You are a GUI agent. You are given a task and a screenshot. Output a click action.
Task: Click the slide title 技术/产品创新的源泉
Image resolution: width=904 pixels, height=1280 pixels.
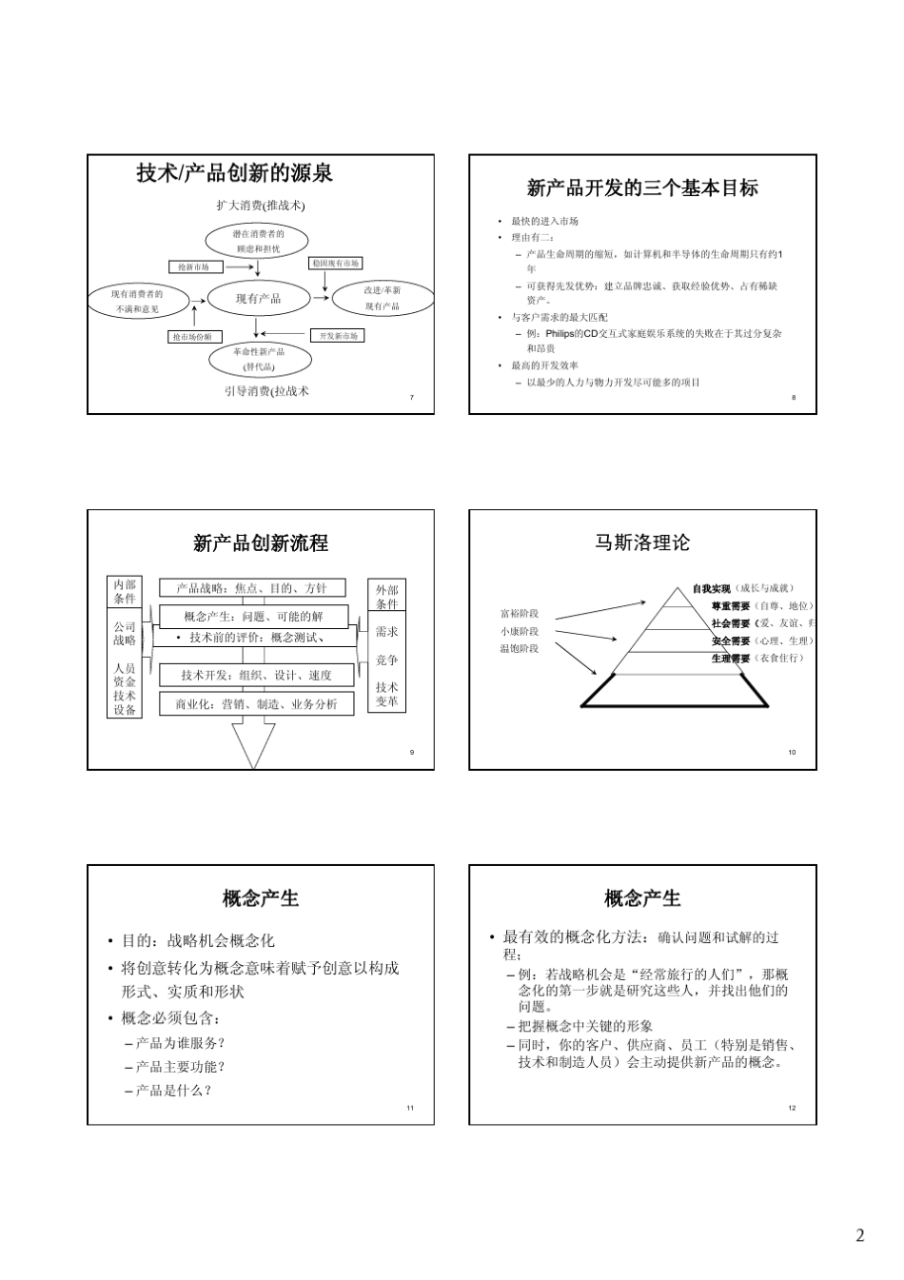click(234, 173)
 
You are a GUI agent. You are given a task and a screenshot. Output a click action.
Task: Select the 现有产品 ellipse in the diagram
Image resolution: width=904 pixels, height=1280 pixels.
click(258, 299)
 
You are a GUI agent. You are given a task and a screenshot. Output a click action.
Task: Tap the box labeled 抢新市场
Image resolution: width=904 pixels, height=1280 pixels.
click(194, 267)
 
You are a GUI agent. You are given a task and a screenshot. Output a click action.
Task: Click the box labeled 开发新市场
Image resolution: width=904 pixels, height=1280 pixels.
click(338, 336)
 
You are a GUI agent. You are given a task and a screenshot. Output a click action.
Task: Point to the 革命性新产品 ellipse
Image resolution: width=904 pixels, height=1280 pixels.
click(258, 358)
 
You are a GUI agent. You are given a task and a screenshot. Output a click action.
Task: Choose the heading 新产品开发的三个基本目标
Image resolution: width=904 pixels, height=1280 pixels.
click(642, 188)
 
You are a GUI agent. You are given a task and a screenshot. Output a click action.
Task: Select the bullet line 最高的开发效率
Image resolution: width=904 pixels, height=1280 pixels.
click(544, 365)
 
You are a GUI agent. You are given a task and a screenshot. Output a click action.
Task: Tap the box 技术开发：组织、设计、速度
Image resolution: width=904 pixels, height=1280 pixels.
click(256, 676)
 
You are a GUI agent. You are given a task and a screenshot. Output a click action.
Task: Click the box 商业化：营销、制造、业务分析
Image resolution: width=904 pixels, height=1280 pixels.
click(256, 704)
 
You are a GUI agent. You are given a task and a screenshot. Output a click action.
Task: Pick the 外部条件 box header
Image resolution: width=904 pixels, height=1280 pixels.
click(386, 597)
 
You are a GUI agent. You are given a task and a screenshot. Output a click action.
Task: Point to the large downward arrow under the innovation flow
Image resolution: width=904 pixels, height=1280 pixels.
click(253, 740)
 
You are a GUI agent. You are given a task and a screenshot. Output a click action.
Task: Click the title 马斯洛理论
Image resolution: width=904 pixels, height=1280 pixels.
click(642, 543)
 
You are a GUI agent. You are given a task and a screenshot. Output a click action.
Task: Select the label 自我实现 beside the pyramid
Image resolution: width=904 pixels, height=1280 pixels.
click(711, 589)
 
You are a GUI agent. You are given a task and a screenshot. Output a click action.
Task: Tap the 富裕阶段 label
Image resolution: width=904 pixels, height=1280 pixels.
click(520, 614)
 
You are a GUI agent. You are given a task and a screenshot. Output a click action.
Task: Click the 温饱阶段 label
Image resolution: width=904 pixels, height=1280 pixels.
click(520, 648)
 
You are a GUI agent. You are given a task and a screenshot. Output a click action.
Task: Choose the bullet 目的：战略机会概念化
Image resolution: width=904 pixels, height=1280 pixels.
click(198, 940)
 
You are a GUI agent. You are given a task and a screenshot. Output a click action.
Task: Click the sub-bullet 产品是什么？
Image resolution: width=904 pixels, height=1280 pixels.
click(174, 1091)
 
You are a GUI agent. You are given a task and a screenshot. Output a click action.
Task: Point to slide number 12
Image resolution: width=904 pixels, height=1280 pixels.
click(792, 1108)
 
